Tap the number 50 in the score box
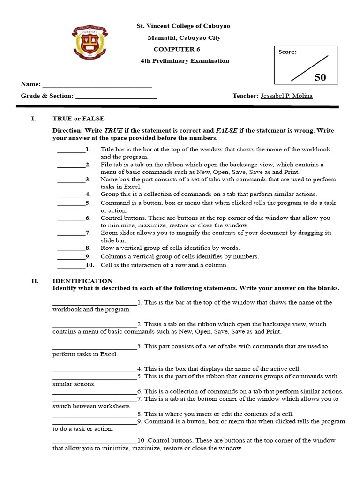[x=320, y=77]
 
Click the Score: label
[x=287, y=52]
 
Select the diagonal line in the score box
[x=309, y=68]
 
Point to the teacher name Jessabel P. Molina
[x=286, y=96]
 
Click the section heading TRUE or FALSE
[x=78, y=119]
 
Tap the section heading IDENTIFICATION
[x=82, y=281]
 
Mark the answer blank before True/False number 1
[x=71, y=151]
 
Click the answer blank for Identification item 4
[x=94, y=370]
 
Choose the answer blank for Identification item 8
[x=94, y=415]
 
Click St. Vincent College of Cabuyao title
[x=183, y=26]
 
